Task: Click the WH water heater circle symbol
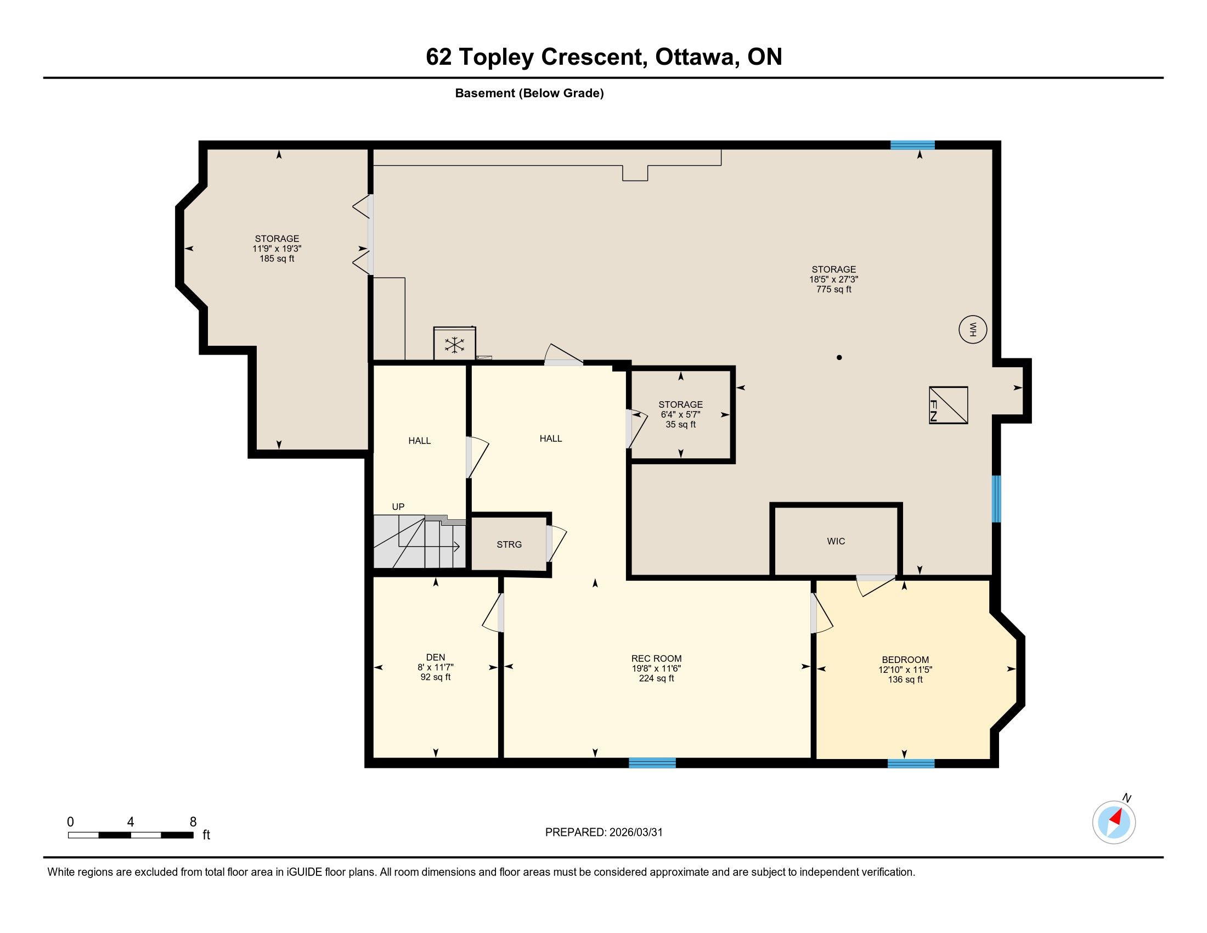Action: point(973,329)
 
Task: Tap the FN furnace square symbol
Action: point(949,405)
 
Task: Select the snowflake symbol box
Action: point(454,344)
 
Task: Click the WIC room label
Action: point(836,541)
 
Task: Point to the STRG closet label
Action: point(509,544)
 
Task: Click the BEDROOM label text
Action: point(905,659)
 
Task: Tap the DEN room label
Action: point(436,657)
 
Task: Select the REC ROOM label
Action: point(657,658)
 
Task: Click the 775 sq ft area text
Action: point(833,289)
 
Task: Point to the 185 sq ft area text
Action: point(277,258)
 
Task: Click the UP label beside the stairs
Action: point(398,507)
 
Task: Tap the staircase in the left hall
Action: point(420,542)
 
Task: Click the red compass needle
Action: point(1116,818)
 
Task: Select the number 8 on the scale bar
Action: point(193,822)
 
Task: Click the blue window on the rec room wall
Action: point(652,763)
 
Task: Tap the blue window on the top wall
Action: point(912,145)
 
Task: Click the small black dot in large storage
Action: point(839,358)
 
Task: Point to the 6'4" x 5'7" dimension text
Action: point(680,414)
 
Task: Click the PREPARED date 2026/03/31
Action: point(635,833)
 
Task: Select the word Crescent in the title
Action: point(594,57)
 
